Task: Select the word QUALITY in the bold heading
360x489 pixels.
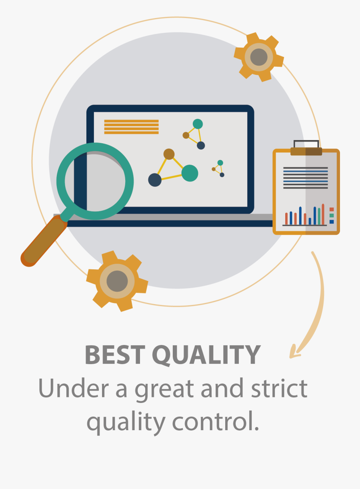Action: click(x=206, y=356)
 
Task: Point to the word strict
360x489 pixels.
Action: click(x=279, y=388)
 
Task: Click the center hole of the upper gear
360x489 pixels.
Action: click(x=259, y=57)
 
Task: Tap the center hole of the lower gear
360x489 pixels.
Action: click(x=117, y=281)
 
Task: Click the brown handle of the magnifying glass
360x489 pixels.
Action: click(x=44, y=241)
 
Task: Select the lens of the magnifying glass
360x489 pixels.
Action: click(x=95, y=181)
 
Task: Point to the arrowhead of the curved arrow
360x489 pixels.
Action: click(x=294, y=352)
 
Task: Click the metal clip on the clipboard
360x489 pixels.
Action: click(x=306, y=148)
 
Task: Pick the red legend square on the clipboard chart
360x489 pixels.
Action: click(x=332, y=209)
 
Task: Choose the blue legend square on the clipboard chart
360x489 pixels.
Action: click(x=332, y=222)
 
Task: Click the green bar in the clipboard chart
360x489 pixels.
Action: click(x=319, y=216)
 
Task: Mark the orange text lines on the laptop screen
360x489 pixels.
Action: click(x=131, y=127)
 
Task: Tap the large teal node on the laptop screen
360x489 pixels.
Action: click(x=190, y=173)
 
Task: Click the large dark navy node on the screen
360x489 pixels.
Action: click(x=155, y=180)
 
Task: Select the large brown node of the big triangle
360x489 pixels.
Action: click(x=169, y=154)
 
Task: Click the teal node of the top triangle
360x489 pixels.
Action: click(x=198, y=124)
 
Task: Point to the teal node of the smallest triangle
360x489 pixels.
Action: click(x=220, y=162)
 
